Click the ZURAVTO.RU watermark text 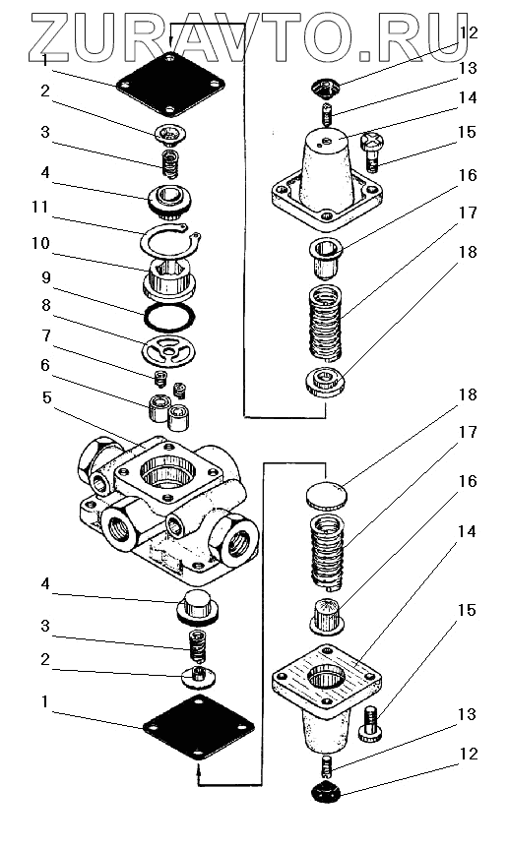coord(249,36)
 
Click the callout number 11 coord(40,208)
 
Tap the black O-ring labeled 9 coord(169,317)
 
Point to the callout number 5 coord(47,398)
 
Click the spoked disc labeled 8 coord(168,351)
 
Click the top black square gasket coord(170,84)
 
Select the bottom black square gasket coord(199,727)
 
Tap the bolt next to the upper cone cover coord(372,151)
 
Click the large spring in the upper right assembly coord(325,324)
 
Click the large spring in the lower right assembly coord(327,551)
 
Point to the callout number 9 coord(46,278)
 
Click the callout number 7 coord(46,336)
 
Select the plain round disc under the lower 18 coord(327,495)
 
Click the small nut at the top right coord(325,88)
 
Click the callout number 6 coord(45,366)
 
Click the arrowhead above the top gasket coord(170,41)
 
